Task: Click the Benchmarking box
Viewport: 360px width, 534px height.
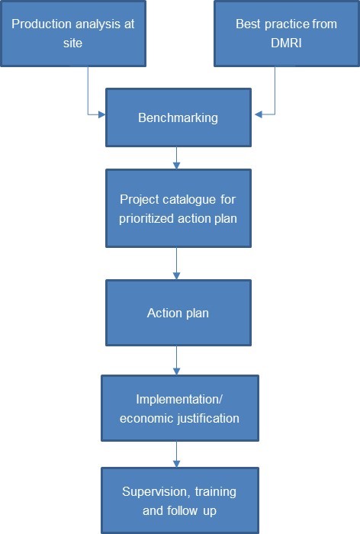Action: (x=178, y=117)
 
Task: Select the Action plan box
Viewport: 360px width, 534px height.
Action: (x=178, y=313)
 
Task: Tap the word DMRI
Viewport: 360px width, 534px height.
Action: (x=286, y=43)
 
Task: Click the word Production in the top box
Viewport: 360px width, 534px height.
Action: (x=41, y=24)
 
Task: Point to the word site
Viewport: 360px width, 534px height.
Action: (x=72, y=43)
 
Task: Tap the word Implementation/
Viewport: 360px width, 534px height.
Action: (x=179, y=399)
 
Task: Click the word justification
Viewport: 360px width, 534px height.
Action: (x=209, y=418)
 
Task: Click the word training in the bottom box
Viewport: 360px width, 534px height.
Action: (x=216, y=492)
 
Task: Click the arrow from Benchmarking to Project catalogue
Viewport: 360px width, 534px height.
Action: (x=176, y=158)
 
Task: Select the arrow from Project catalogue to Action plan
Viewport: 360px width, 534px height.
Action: (x=176, y=264)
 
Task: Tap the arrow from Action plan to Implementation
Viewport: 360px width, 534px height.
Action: (x=176, y=361)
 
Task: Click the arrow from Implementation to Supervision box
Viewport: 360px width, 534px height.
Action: (x=176, y=455)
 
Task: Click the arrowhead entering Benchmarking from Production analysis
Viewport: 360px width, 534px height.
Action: (x=102, y=114)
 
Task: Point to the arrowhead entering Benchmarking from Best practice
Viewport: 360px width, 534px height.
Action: (x=259, y=114)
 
